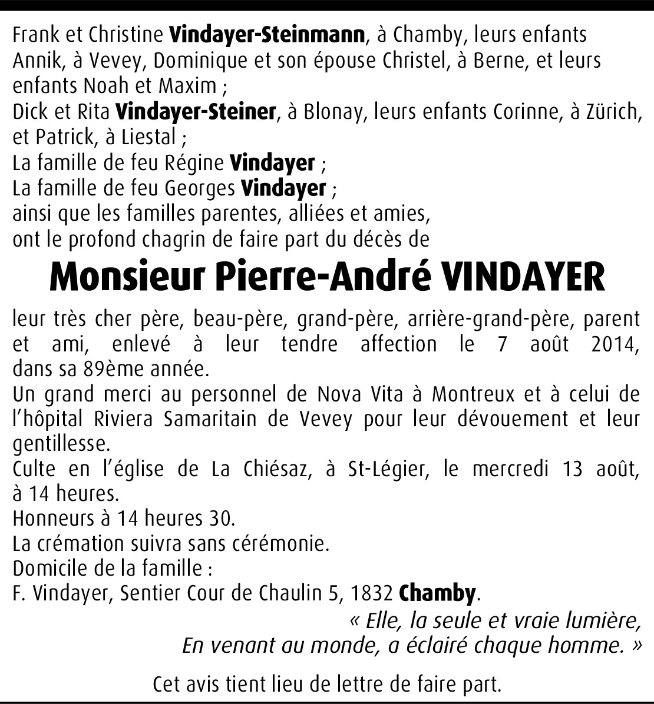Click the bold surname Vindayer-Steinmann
pos(266,35)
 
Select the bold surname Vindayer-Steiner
pos(196,111)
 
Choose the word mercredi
pos(510,469)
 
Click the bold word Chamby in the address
pos(437,593)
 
